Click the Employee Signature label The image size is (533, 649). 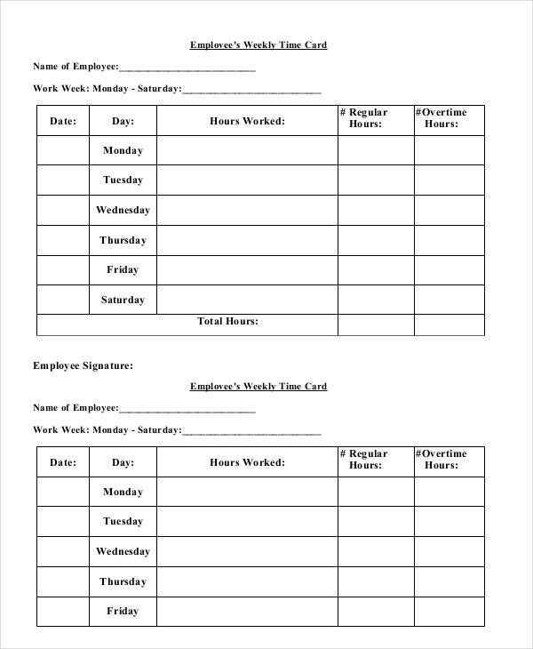pos(83,365)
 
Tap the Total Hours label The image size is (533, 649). pos(227,321)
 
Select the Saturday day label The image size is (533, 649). pos(123,300)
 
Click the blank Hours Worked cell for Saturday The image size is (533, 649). pos(247,300)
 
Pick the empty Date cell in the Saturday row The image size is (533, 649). pos(63,300)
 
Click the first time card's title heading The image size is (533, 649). pos(259,44)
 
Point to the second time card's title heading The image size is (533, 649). pos(259,386)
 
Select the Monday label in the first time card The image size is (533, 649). pos(123,150)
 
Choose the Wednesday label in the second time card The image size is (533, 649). pos(123,551)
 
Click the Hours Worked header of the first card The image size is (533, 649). pos(247,120)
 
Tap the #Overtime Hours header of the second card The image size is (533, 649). pos(441,460)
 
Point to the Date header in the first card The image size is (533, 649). pos(63,120)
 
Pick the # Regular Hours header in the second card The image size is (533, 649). pos(364,460)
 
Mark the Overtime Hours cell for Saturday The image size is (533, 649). pos(449,300)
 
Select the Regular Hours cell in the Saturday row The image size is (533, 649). pos(375,300)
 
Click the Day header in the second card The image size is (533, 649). pos(123,462)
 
